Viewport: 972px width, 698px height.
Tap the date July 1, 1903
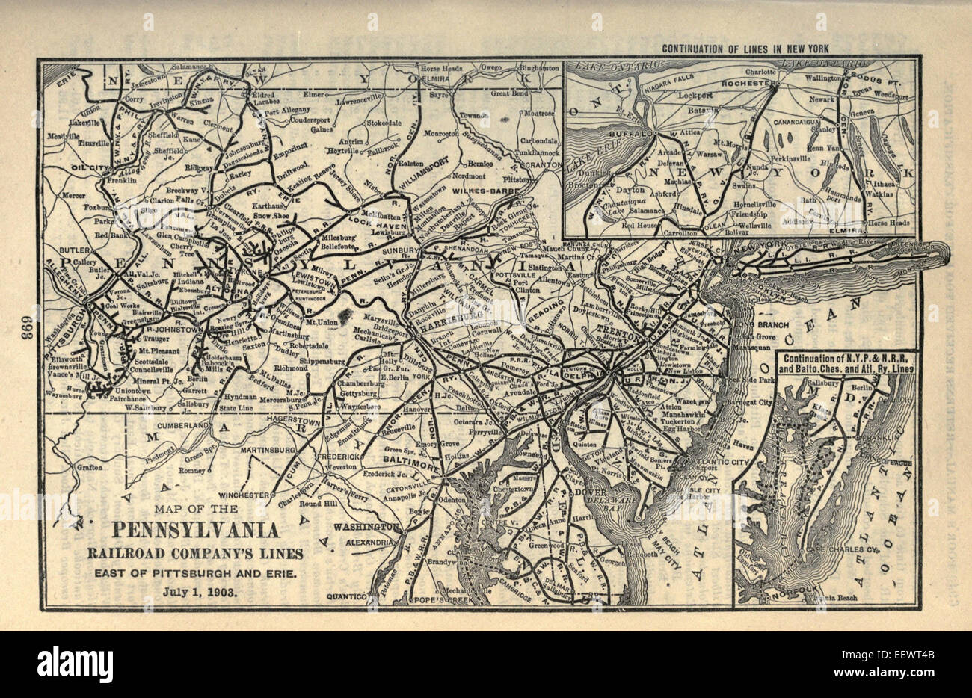(197, 592)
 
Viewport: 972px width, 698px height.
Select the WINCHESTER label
(244, 495)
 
